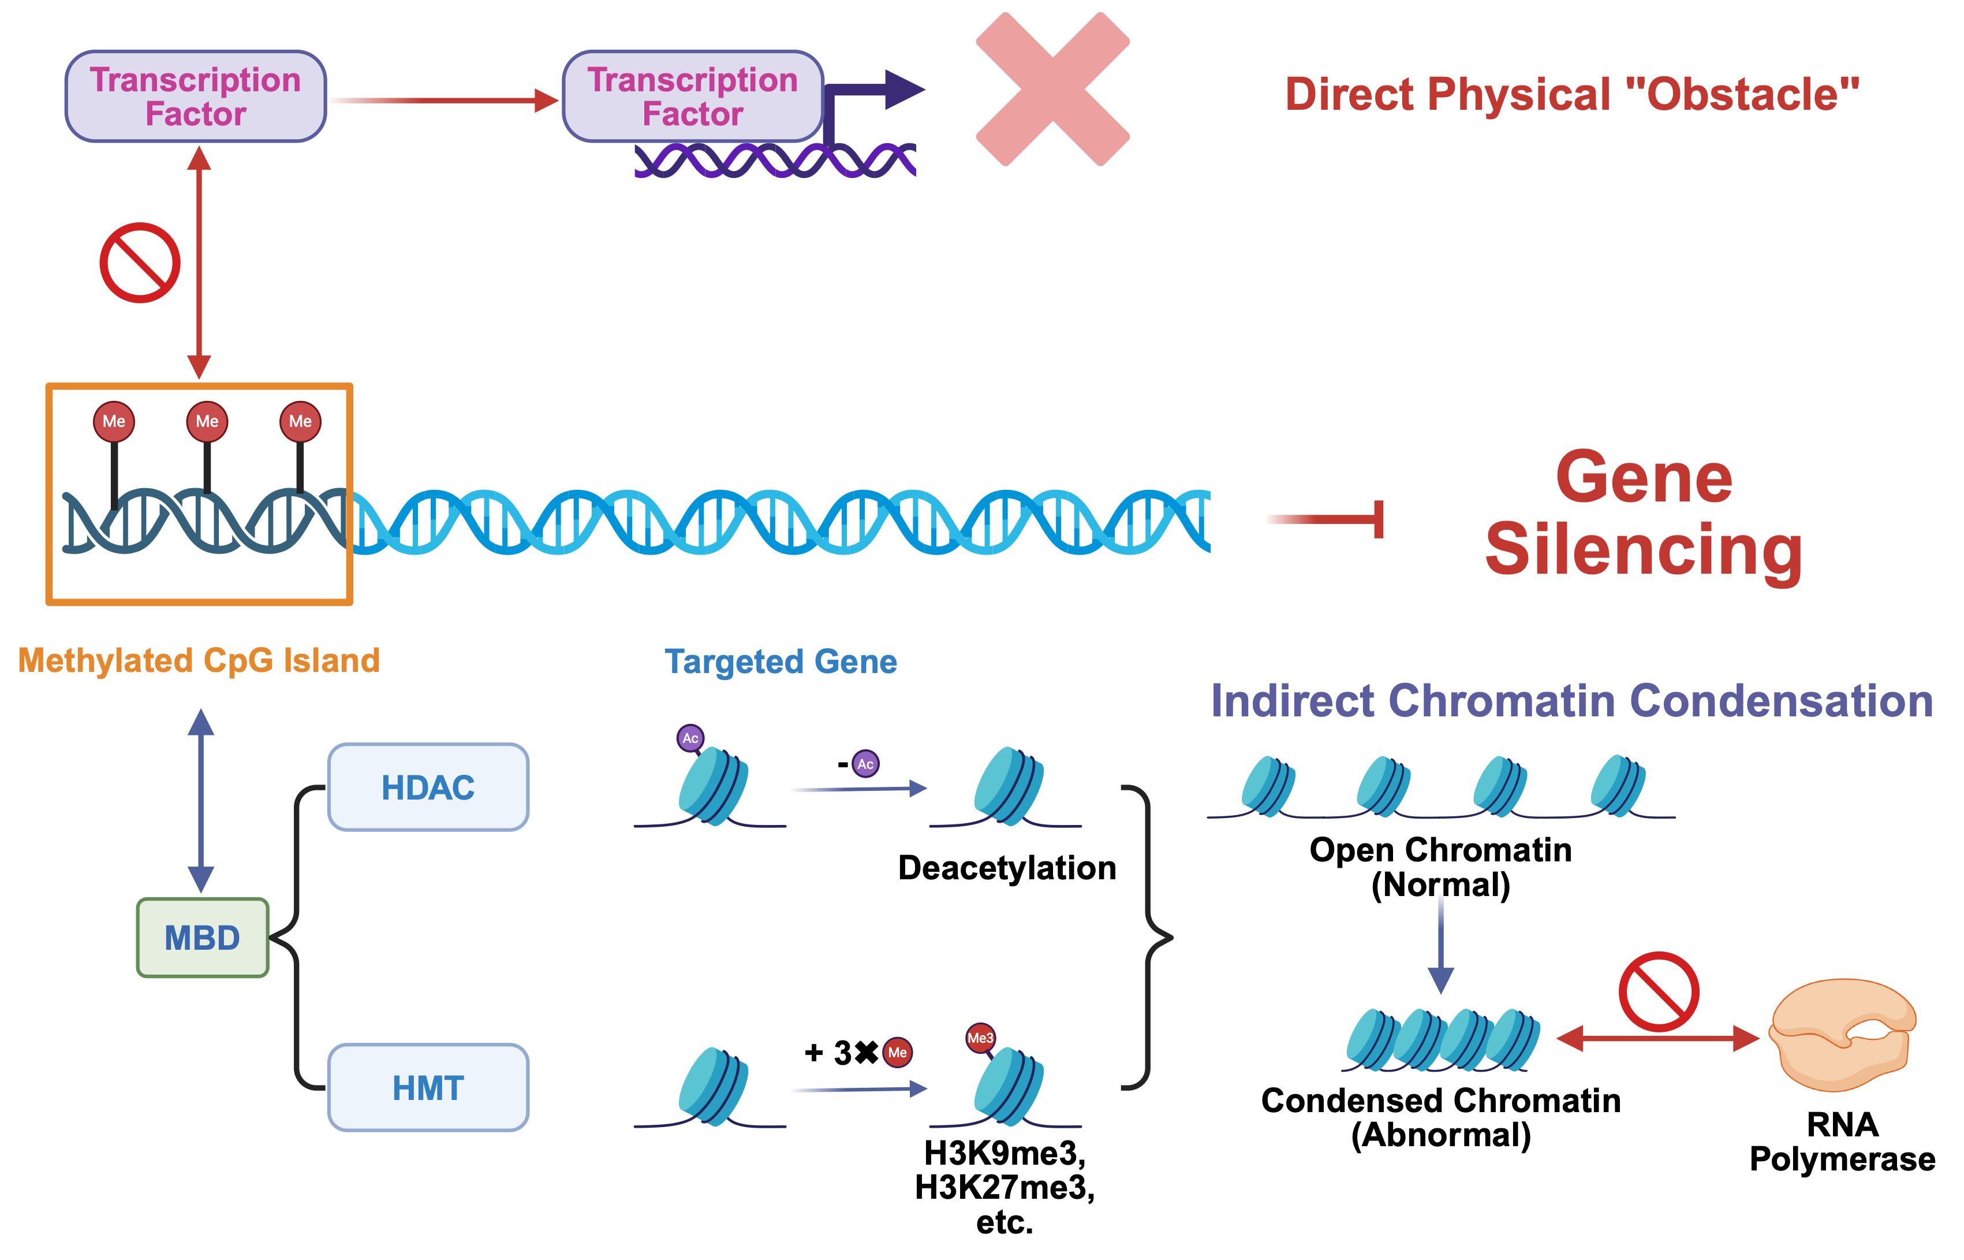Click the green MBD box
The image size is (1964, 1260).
pos(202,938)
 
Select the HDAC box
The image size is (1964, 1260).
pos(428,787)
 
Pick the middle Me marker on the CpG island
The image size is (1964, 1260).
pos(207,421)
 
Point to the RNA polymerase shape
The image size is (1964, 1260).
pos(1842,1035)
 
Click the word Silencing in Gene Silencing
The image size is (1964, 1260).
pos(1644,550)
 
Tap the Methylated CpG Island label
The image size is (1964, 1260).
pos(199,660)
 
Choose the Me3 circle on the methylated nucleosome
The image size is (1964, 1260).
pos(980,1038)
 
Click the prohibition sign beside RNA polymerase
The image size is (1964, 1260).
pos(1658,991)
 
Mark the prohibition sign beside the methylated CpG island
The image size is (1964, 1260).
pos(140,263)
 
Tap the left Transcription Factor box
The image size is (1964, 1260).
pos(196,96)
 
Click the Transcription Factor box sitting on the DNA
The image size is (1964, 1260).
pos(693,96)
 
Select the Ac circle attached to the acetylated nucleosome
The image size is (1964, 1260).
pos(690,738)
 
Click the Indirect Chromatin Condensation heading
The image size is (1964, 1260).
pos(1571,701)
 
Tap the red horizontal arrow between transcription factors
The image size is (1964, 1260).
pos(446,101)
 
